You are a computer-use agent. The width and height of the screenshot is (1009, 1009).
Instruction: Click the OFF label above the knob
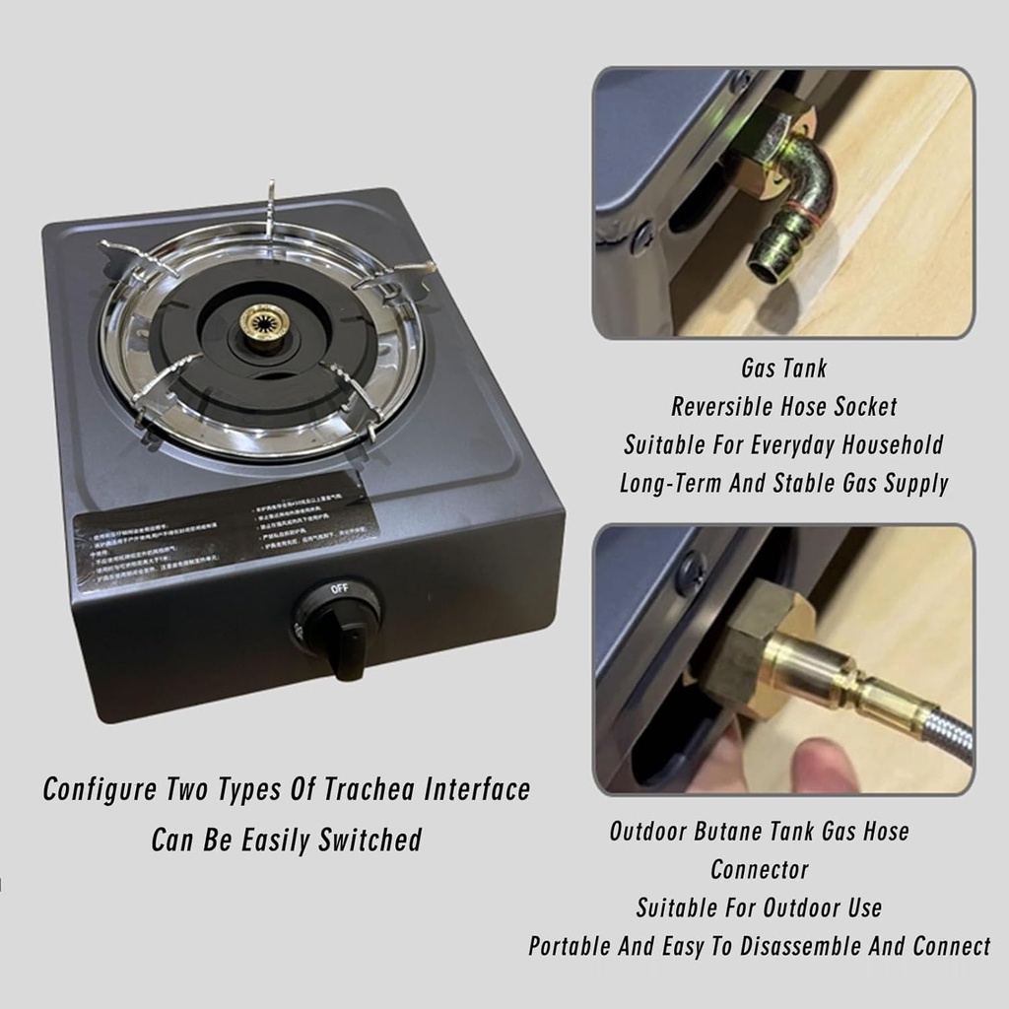click(340, 589)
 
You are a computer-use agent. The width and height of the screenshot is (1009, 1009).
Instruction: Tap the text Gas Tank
click(783, 370)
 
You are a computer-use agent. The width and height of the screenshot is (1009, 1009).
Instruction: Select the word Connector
click(759, 870)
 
